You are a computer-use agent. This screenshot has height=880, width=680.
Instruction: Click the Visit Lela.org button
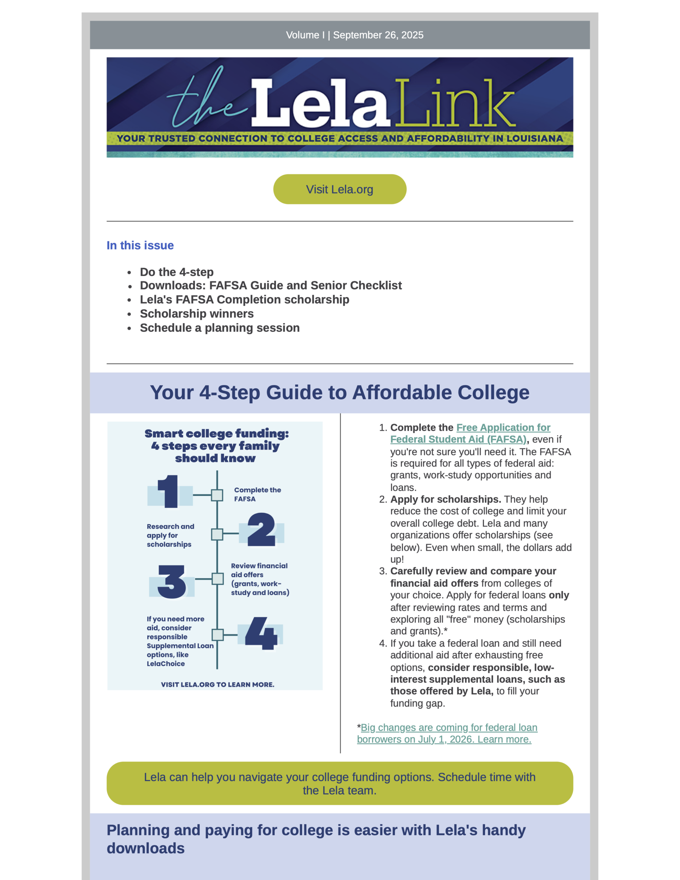click(x=339, y=189)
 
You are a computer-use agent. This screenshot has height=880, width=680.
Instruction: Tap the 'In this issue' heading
click(x=140, y=245)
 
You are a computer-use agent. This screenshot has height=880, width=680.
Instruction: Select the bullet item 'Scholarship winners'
click(x=197, y=313)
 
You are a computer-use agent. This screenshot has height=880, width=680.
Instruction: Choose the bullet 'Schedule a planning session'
click(x=220, y=328)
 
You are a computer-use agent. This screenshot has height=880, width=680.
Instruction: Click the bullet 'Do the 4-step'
click(x=177, y=272)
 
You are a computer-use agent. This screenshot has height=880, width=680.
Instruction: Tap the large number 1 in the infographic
click(x=168, y=492)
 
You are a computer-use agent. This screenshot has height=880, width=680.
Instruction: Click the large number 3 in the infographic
click(x=172, y=581)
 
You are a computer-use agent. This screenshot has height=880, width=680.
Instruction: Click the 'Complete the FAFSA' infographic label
click(x=257, y=494)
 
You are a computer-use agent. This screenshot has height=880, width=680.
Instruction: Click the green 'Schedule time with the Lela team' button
click(x=339, y=783)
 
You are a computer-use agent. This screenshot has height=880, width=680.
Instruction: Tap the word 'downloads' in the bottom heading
click(x=145, y=848)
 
